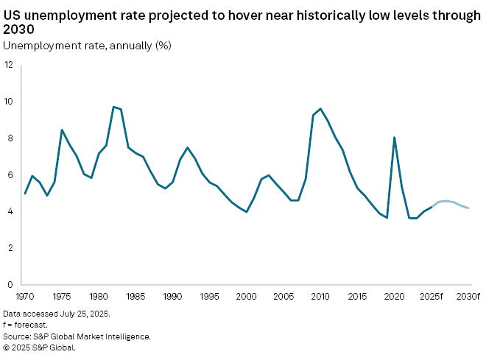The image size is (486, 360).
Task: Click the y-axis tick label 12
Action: tap(8, 65)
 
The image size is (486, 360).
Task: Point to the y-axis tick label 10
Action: tap(8, 102)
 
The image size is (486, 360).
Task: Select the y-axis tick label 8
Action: tap(10, 138)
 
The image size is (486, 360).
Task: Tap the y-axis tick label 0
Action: tap(10, 285)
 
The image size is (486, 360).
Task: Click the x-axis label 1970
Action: tap(25, 296)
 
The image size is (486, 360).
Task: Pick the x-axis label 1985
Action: tap(135, 296)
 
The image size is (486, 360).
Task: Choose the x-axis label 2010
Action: tap(320, 296)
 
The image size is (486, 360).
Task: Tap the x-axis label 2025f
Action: tap(431, 296)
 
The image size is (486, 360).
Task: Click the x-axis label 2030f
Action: tap(468, 296)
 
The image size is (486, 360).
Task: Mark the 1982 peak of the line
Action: tap(113, 107)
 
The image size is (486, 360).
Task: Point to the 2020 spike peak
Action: tap(395, 137)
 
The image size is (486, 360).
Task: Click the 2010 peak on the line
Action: tap(320, 109)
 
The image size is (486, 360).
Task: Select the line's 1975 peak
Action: tap(62, 130)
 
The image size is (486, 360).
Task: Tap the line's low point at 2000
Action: tap(247, 212)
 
